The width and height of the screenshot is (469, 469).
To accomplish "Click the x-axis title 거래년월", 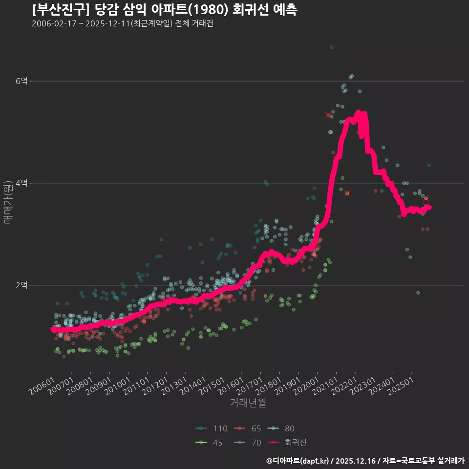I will (248, 404).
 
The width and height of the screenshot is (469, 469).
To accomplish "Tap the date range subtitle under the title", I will (122, 24).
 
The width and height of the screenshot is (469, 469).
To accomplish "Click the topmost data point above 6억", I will (331, 47).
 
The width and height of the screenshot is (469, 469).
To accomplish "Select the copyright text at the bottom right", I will (365, 461).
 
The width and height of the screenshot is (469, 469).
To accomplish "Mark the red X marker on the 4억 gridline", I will (347, 193).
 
